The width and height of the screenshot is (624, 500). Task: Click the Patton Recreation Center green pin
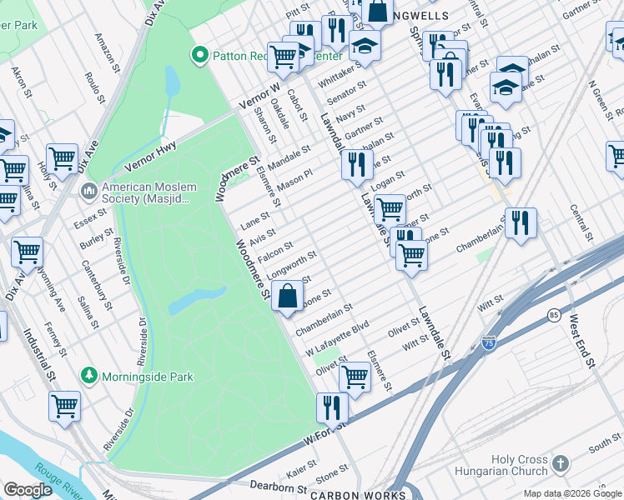click(x=199, y=56)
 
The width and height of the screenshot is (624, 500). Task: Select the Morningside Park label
click(x=147, y=377)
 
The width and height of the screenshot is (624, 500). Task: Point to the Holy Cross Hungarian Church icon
click(x=561, y=463)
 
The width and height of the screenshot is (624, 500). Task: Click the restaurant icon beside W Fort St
click(x=332, y=407)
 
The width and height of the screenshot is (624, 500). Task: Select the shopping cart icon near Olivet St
click(x=355, y=377)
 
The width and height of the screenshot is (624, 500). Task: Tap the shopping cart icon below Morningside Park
click(x=64, y=406)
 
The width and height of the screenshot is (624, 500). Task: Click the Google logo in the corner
click(x=28, y=489)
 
